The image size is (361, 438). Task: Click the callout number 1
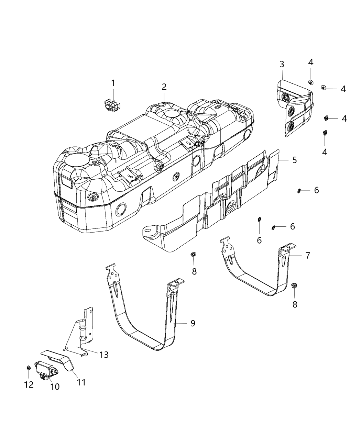[x=113, y=83]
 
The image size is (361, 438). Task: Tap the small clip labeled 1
[x=112, y=103]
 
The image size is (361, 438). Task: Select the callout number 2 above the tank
[x=164, y=87]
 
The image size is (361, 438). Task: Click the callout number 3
[x=282, y=64]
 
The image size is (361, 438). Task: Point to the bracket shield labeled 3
[x=294, y=110]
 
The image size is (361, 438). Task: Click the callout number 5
[x=294, y=160]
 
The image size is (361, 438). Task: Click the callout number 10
[x=55, y=387]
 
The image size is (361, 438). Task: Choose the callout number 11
[x=81, y=382]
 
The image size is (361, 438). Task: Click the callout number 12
[x=29, y=385]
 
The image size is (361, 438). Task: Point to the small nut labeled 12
[x=29, y=368]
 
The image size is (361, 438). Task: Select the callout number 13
[x=103, y=355]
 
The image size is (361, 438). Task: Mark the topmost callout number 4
[x=310, y=62]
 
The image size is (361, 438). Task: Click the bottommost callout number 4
[x=324, y=151]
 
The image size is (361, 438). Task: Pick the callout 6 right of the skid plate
[x=316, y=190]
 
